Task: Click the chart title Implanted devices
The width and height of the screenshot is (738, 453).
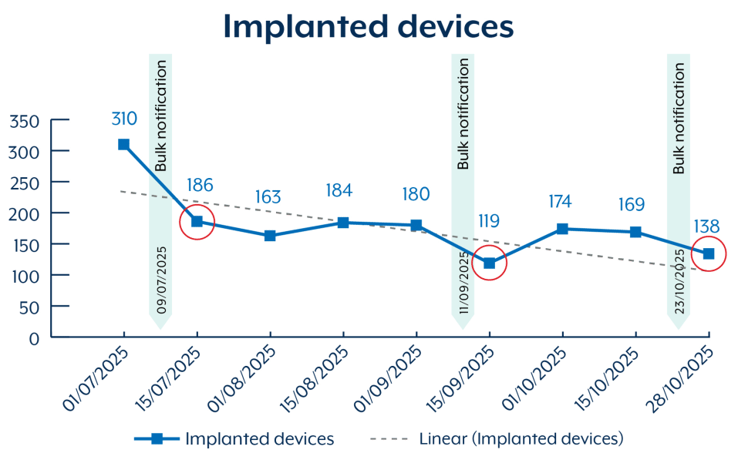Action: tap(369, 26)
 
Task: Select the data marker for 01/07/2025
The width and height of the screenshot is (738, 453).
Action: tap(123, 145)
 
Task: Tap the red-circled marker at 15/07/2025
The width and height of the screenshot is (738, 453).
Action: tap(197, 222)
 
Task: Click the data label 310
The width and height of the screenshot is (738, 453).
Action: tap(123, 119)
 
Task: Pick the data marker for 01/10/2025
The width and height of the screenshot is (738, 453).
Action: tap(562, 229)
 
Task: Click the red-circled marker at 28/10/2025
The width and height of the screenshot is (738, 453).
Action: tap(708, 253)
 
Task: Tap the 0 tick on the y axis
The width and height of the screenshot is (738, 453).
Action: tap(34, 337)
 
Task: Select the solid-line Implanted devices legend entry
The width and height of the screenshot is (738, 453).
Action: tap(259, 438)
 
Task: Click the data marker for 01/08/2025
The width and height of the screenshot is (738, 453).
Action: tap(270, 236)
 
